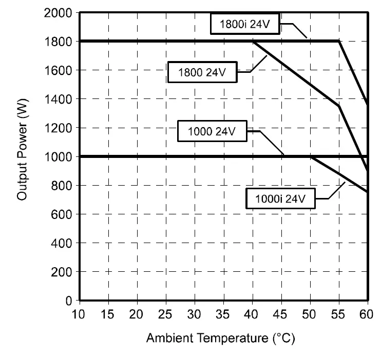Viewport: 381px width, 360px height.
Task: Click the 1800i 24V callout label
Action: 244,24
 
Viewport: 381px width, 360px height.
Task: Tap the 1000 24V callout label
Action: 212,131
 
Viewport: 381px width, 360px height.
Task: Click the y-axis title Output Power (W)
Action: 22,156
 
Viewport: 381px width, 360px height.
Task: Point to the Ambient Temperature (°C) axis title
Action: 221,338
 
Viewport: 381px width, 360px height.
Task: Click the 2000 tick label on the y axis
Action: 60,12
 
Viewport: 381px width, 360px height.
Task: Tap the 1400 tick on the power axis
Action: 60,98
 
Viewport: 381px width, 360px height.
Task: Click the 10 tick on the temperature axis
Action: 79,314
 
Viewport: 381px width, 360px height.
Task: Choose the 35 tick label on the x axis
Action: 195,314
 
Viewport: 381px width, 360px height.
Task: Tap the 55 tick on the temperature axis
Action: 338,314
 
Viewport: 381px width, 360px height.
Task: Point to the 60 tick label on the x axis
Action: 367,314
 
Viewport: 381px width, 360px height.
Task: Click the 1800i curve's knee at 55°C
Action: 338,41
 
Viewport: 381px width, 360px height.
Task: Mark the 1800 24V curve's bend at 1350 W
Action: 338,106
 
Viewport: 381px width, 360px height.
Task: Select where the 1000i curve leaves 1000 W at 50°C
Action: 310,156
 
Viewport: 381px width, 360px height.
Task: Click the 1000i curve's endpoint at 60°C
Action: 367,192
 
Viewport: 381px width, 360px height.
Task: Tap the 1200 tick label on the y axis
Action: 60,127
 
